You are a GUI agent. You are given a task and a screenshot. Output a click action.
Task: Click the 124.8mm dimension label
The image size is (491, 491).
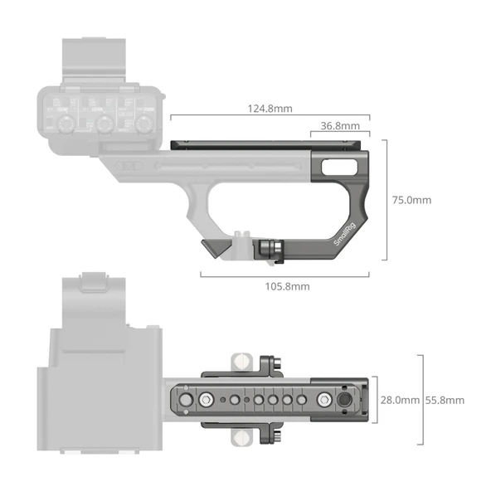tap(275, 109)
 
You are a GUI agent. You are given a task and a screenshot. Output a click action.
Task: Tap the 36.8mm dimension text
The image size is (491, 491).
tap(339, 126)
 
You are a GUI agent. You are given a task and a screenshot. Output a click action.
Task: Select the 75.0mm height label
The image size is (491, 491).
tap(411, 200)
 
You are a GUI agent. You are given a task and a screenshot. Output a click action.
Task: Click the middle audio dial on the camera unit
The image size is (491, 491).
tap(104, 123)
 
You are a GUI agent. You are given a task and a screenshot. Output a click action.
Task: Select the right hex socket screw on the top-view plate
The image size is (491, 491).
tap(316, 401)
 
